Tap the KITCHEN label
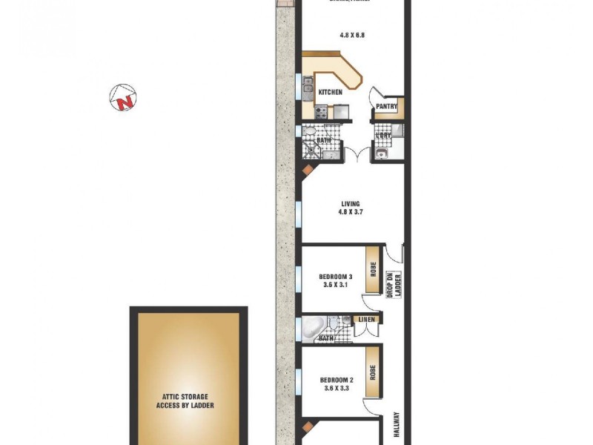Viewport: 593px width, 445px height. (330, 92)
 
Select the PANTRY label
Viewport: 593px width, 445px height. (387, 107)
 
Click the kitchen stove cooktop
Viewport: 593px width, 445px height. (322, 113)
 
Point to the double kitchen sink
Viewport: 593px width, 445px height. (308, 90)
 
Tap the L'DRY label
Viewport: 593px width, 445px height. (383, 135)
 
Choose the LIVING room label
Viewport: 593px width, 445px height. (351, 203)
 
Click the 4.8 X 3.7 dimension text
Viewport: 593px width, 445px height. (351, 212)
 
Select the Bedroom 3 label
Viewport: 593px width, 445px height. (336, 277)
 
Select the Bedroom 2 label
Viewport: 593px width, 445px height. (336, 380)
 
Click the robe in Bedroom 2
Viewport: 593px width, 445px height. (374, 372)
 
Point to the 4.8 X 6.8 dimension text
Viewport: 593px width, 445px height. (351, 35)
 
